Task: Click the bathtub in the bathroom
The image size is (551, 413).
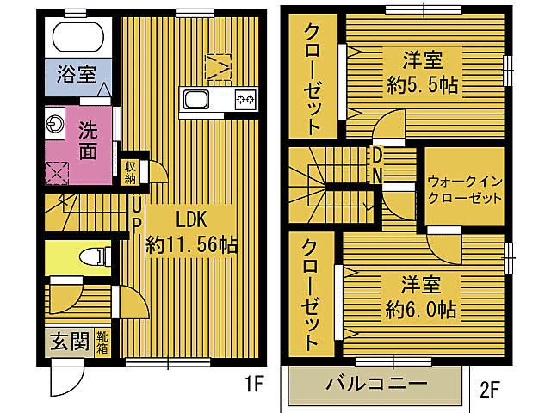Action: (78, 38)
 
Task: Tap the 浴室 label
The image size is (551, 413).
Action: (76, 75)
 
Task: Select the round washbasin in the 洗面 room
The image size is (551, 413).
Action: (54, 124)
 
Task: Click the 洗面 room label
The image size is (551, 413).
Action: (88, 141)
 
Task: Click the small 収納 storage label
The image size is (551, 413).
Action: (130, 172)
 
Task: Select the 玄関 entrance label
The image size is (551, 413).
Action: (68, 342)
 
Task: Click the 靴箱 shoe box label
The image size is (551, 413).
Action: (102, 342)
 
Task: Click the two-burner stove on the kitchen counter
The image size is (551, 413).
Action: (245, 100)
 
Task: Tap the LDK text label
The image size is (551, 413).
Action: (192, 217)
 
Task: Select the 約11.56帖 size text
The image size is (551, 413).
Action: (192, 244)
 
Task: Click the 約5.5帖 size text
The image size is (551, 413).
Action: (422, 84)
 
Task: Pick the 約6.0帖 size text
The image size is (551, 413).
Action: (421, 308)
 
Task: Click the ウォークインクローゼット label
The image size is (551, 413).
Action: (465, 189)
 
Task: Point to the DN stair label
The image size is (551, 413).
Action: (377, 164)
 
